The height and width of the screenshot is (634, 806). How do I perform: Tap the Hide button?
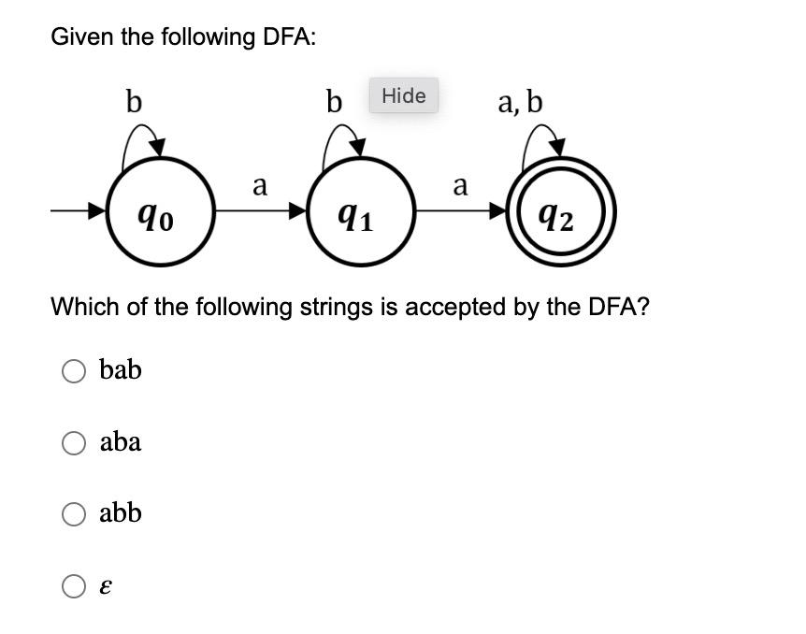404,95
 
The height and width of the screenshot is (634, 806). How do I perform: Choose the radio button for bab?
74,371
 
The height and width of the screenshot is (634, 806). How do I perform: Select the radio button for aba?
74,443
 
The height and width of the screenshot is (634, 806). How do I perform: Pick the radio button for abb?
74,513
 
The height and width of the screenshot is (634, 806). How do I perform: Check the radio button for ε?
74,586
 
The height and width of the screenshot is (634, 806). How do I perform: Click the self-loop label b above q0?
134,100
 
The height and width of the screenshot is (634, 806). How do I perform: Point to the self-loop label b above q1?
334,100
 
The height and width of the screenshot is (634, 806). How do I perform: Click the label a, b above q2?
520,100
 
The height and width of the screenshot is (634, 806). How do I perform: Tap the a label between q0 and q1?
260,186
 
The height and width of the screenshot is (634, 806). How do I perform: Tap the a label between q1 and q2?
460,186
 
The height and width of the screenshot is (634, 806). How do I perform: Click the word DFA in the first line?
286,37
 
